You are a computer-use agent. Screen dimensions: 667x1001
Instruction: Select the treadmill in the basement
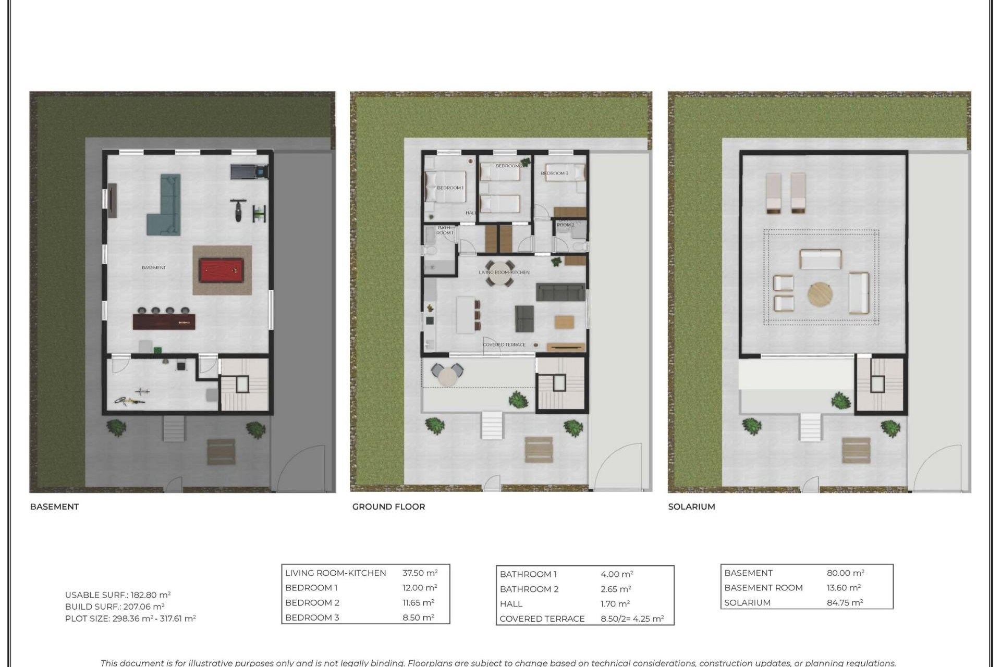tap(249, 171)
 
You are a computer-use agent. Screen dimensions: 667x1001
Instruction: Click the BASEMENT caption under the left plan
tap(54, 507)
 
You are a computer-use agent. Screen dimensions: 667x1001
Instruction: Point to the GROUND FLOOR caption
tap(388, 507)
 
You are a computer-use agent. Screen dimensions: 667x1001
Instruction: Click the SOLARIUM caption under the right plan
tap(691, 507)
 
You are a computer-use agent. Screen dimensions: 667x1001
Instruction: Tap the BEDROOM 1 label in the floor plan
tap(450, 188)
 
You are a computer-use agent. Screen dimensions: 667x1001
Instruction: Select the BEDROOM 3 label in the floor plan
tap(554, 173)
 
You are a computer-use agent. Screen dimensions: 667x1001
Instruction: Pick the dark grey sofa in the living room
tap(560, 292)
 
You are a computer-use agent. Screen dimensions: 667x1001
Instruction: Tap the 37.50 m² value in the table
tap(420, 573)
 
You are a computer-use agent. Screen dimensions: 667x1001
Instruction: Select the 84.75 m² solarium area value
tap(845, 603)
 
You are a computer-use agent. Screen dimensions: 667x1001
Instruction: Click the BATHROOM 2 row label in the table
tap(529, 589)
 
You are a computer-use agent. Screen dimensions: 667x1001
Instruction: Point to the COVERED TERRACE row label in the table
tap(542, 619)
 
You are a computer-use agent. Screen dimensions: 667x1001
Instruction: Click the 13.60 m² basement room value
tap(843, 588)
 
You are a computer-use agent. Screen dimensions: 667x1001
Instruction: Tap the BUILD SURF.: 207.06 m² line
tap(115, 607)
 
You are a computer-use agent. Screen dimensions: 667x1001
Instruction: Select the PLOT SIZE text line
tap(130, 619)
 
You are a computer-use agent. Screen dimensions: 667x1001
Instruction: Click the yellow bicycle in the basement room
tap(130, 400)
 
